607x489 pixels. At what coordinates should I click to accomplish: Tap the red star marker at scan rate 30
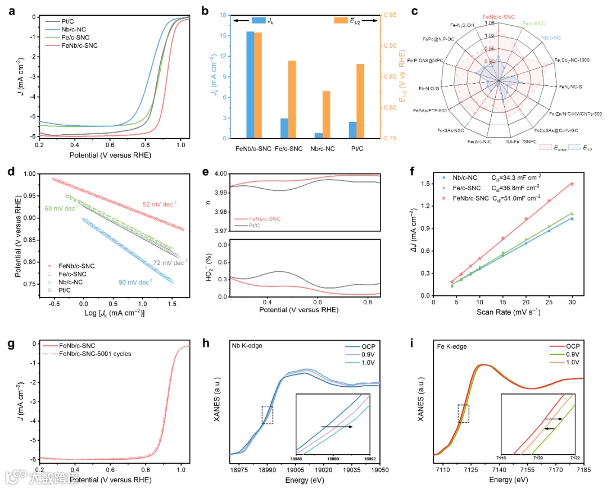coord(572,184)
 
